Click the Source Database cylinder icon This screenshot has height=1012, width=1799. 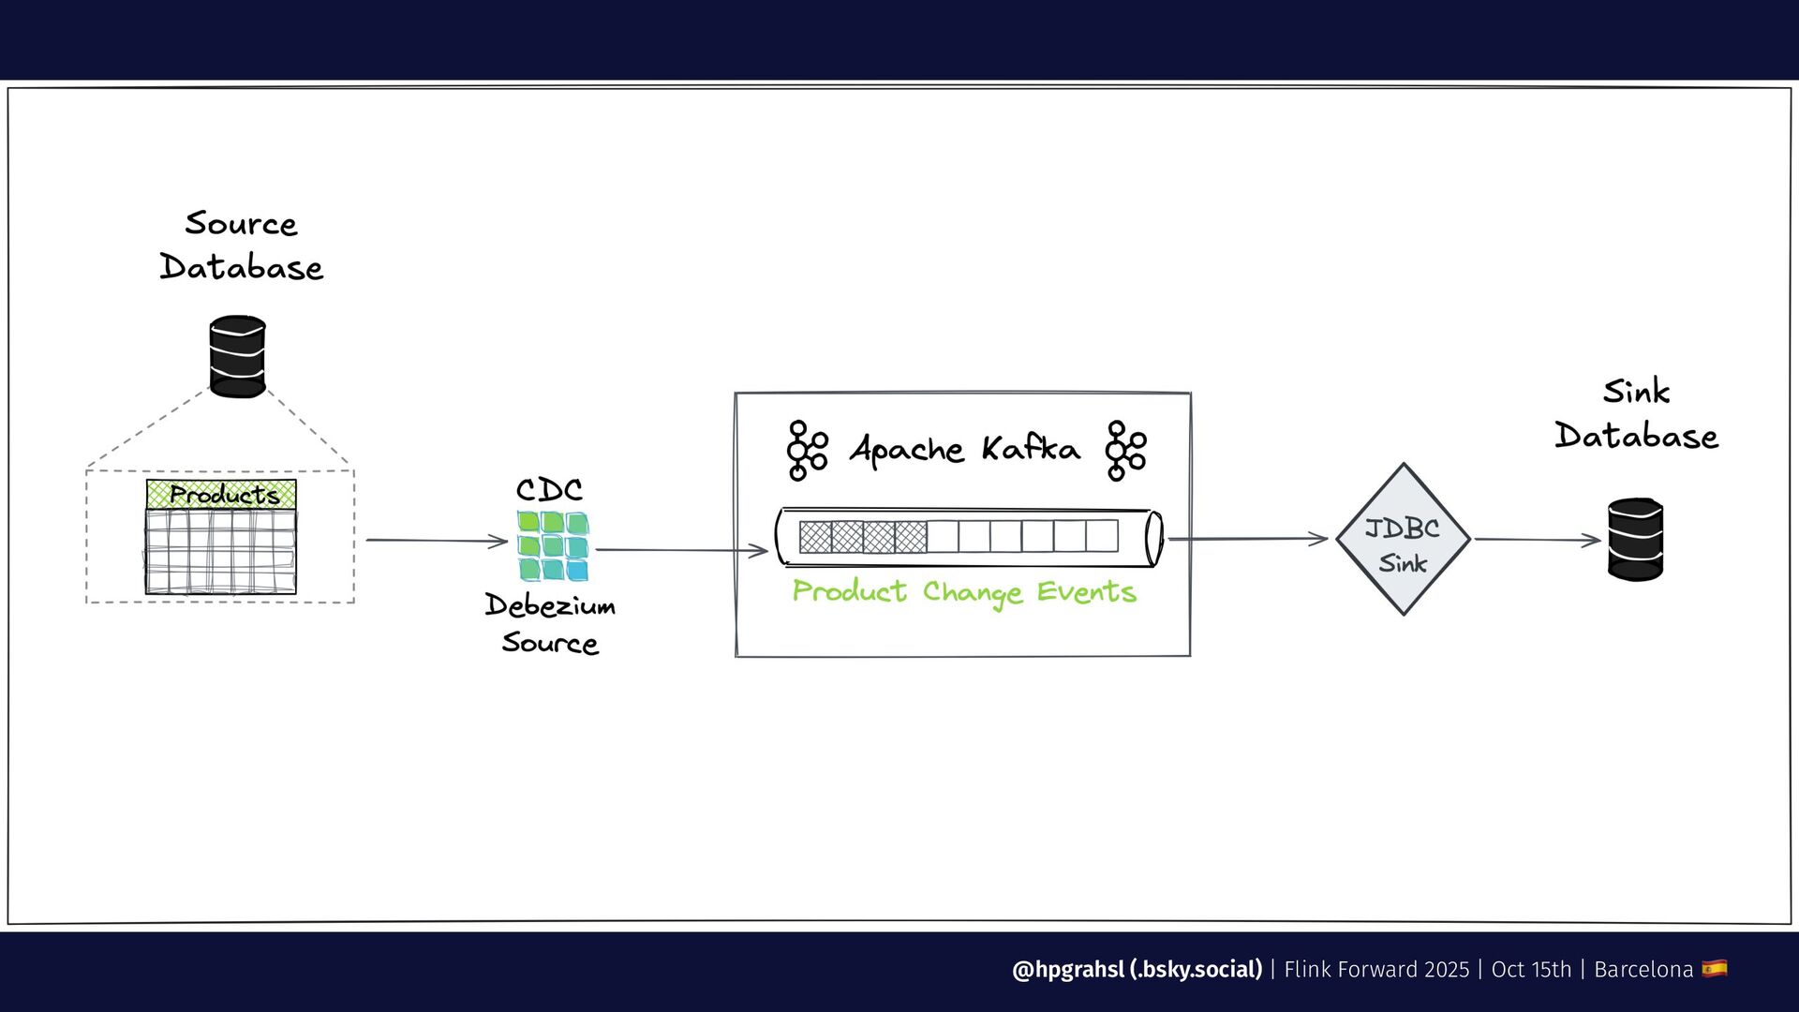tap(237, 356)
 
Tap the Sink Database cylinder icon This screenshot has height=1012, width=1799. tap(1635, 539)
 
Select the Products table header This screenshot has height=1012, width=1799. tap(221, 494)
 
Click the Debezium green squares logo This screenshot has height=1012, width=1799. tap(552, 545)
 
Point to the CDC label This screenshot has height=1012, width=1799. tap(549, 489)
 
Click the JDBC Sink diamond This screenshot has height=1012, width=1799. tap(1403, 540)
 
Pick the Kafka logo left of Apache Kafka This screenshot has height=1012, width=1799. tap(807, 450)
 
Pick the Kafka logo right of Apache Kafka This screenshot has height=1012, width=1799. tap(1125, 450)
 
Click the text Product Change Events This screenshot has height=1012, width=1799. tap(964, 592)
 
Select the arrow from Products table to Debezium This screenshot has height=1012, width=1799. tap(436, 541)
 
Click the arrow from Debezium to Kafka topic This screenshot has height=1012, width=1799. tap(681, 550)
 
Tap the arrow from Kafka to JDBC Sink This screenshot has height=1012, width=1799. tap(1247, 539)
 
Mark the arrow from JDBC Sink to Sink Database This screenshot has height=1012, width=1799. tap(1537, 540)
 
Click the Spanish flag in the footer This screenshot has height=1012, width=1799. tap(1715, 968)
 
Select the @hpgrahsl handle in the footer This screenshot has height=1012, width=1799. tap(1137, 969)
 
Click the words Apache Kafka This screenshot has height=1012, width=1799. tap(964, 449)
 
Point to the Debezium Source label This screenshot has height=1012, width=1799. tap(550, 624)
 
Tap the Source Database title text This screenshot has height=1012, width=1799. tap(241, 246)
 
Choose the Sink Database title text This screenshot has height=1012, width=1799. tap(1636, 413)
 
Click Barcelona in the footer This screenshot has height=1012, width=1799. tap(1643, 969)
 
